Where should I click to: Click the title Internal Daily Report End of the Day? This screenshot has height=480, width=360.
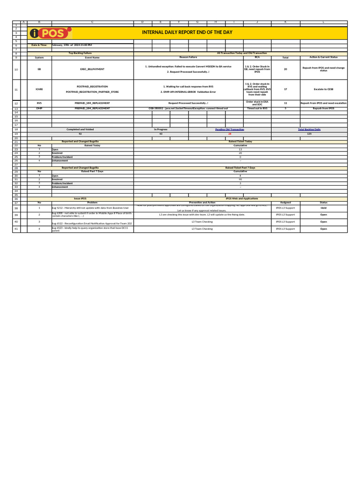point(187,32)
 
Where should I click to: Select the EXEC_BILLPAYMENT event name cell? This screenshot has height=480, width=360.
point(92,69)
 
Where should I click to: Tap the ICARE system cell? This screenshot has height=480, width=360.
point(39,89)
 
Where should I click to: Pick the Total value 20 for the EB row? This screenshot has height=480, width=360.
point(285,69)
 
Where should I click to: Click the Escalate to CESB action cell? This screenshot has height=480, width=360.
point(323,89)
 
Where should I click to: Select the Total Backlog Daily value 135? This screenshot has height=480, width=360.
point(309,134)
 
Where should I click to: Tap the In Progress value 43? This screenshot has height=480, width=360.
point(161,134)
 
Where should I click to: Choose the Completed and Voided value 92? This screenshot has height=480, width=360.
point(80,134)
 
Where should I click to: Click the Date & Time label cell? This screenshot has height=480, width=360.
point(39,45)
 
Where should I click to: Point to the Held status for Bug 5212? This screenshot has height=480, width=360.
point(323,208)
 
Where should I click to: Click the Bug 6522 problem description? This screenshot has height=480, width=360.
point(92,224)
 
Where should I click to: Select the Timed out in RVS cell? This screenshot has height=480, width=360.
point(257,108)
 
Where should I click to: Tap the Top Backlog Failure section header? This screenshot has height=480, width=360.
point(80,54)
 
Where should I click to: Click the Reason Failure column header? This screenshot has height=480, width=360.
point(188,58)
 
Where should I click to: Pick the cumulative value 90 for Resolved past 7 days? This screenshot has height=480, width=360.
point(240,179)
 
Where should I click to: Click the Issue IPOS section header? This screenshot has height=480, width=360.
point(80,199)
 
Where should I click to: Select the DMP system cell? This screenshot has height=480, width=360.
point(39,108)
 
